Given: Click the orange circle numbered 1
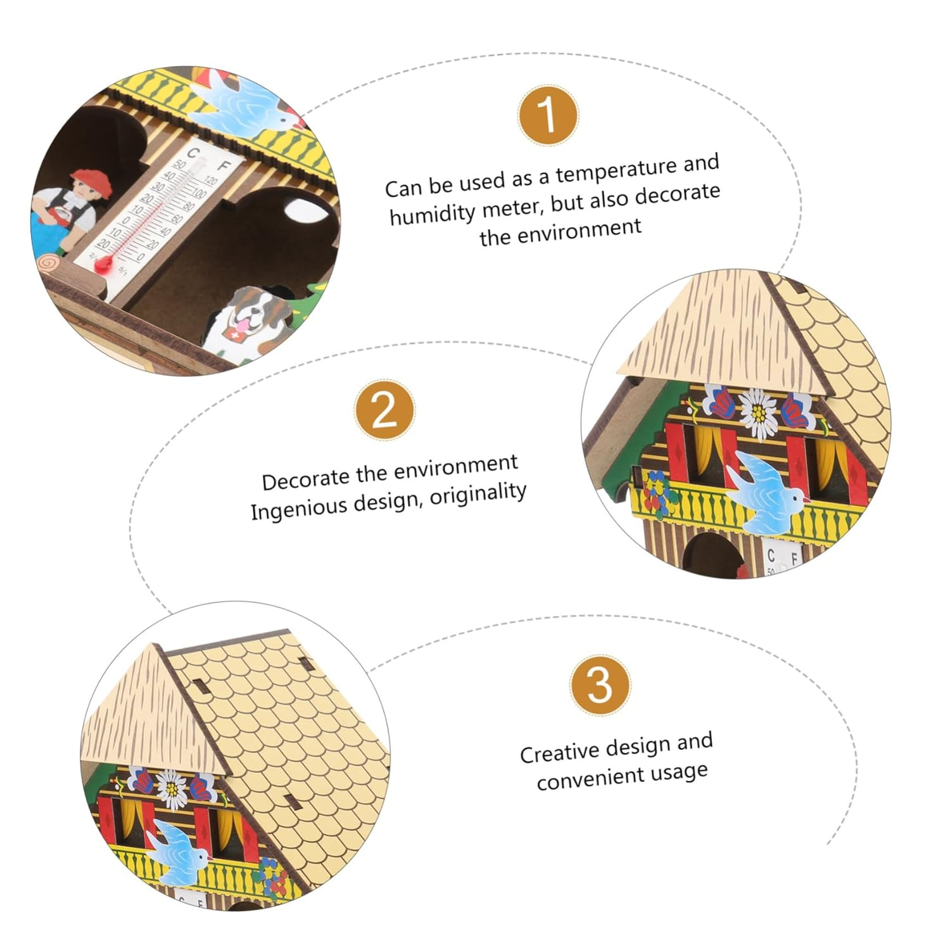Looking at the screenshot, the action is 548,116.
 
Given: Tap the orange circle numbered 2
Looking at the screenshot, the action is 385,410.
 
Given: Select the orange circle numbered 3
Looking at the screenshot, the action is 600,685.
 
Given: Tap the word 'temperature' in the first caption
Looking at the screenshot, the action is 607,170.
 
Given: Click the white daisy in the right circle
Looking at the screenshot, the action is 758,413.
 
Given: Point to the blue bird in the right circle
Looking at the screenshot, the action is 766,491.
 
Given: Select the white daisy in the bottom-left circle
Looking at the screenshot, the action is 172,789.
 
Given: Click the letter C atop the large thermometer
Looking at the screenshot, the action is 193,153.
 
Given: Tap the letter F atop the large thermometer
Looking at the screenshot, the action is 224,166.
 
